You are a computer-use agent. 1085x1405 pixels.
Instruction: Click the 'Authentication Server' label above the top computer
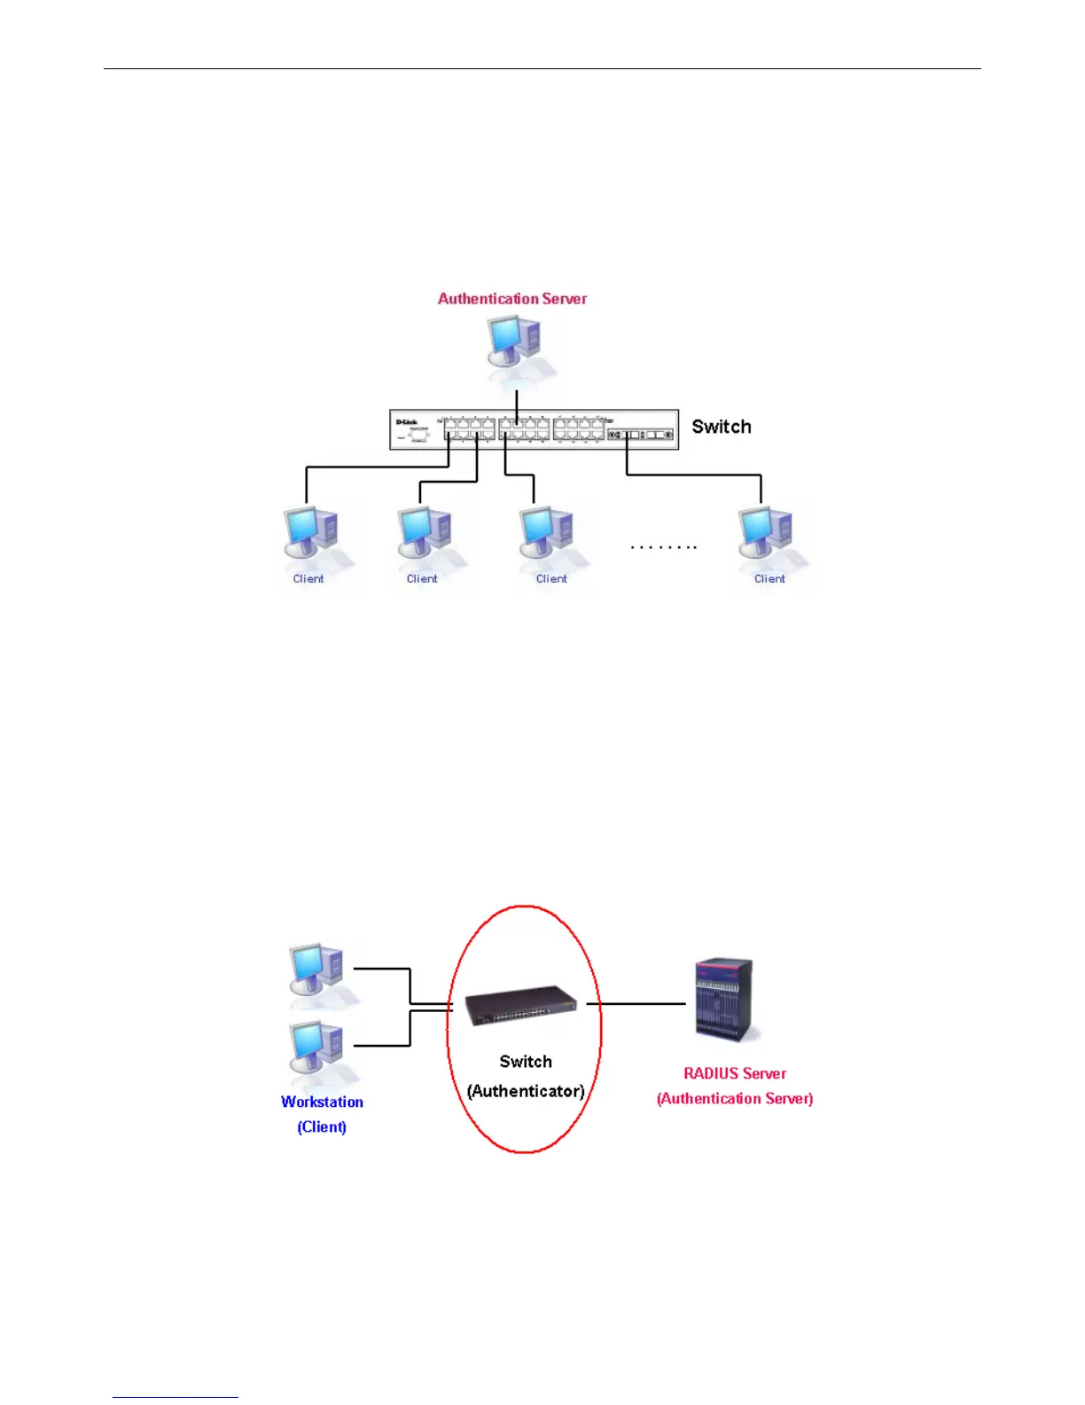pyautogui.click(x=512, y=299)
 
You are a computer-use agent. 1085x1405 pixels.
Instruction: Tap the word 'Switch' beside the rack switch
pyautogui.click(x=722, y=427)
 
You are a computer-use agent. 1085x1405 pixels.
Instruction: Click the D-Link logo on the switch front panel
pyautogui.click(x=406, y=421)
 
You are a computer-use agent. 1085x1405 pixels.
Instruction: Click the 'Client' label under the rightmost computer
pyautogui.click(x=769, y=579)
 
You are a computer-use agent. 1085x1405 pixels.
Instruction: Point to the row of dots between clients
pyautogui.click(x=664, y=547)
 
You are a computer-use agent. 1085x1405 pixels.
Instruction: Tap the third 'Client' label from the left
pyautogui.click(x=551, y=579)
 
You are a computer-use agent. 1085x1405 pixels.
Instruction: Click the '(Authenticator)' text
pyautogui.click(x=526, y=1091)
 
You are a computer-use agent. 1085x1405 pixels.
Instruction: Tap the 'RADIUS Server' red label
pyautogui.click(x=735, y=1073)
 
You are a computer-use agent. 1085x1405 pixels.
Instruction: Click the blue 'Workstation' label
pyautogui.click(x=322, y=1102)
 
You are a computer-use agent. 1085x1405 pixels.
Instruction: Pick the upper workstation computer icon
pyautogui.click(x=317, y=974)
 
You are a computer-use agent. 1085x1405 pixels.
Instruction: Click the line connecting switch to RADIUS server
pyautogui.click(x=636, y=1004)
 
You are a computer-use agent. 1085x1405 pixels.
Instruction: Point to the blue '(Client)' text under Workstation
pyautogui.click(x=322, y=1127)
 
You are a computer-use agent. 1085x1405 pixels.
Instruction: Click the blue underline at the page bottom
pyautogui.click(x=176, y=1397)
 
